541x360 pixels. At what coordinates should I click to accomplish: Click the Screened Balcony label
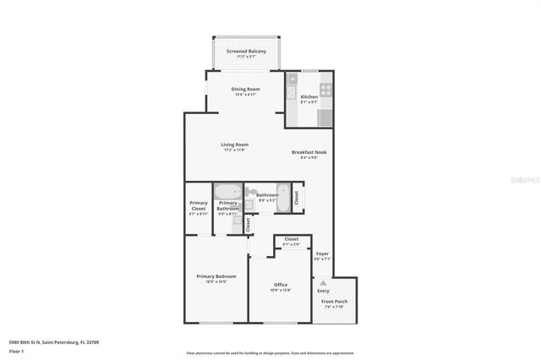click(246, 52)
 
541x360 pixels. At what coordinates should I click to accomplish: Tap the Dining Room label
click(246, 89)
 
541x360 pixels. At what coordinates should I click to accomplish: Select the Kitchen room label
click(309, 97)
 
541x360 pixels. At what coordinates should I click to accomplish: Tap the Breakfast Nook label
click(309, 153)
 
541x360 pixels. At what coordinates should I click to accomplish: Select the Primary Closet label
click(199, 206)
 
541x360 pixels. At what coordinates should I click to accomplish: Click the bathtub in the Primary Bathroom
click(228, 192)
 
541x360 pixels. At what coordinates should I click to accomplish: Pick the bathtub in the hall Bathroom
click(284, 196)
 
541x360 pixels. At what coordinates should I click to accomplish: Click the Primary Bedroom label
click(216, 276)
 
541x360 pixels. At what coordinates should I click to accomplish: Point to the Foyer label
click(322, 254)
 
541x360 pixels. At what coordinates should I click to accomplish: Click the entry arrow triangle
click(323, 282)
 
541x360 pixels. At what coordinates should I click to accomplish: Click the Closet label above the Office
click(291, 239)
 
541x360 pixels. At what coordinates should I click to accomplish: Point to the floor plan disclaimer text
click(270, 352)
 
